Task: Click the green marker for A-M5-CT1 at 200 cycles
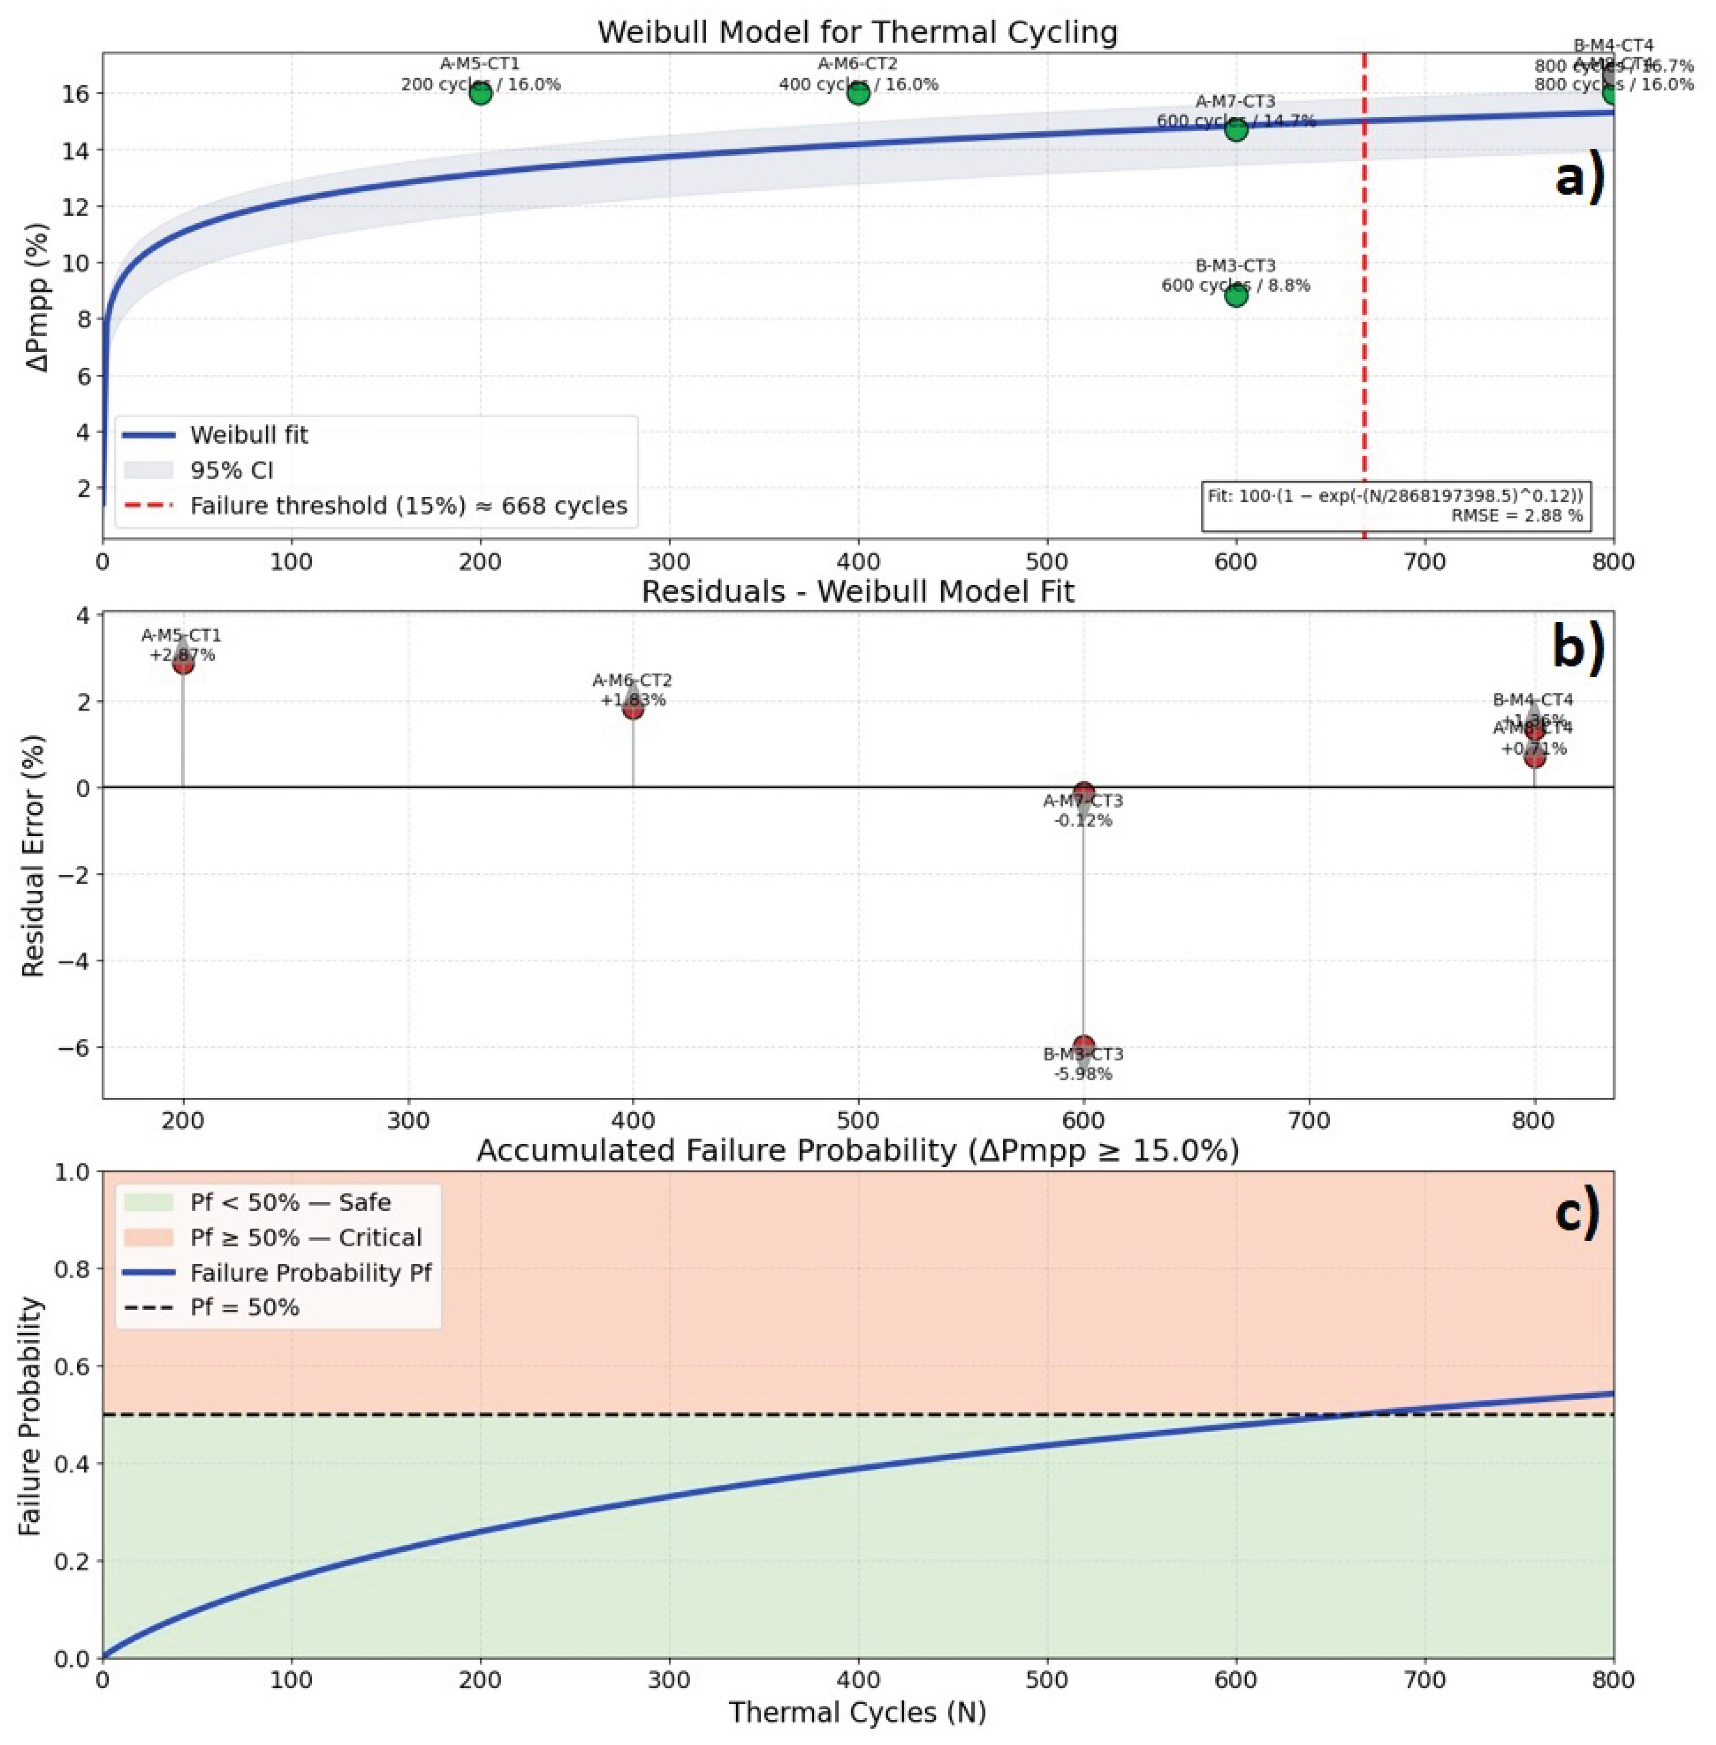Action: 481,93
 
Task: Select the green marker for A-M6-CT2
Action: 858,93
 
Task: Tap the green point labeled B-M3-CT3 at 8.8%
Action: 1235,295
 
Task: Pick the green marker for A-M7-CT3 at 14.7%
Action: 1235,130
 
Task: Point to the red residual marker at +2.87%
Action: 183,664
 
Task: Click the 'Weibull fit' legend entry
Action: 249,435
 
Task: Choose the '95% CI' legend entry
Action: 231,470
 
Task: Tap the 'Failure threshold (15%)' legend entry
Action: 408,505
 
